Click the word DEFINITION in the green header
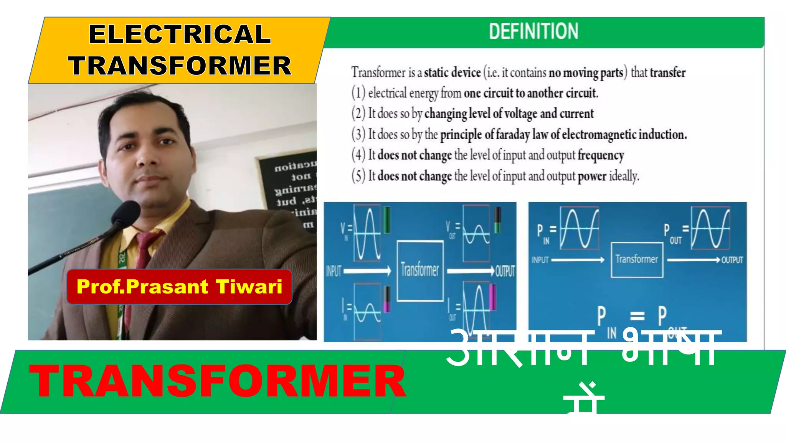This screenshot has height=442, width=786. [x=533, y=31]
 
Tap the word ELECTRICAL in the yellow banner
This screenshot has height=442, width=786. [x=180, y=34]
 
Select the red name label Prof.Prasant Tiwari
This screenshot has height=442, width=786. [x=179, y=287]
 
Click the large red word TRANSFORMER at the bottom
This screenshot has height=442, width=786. [x=217, y=381]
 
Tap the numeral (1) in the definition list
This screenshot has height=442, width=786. [x=358, y=93]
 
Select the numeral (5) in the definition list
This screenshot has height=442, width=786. [x=358, y=176]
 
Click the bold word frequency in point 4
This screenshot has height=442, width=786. [x=601, y=155]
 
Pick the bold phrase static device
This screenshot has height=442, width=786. [x=452, y=73]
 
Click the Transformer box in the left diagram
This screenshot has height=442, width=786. [x=420, y=270]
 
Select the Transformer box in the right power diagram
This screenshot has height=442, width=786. [x=637, y=259]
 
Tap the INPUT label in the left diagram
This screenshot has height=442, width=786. [x=334, y=271]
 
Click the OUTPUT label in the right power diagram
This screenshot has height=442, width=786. [x=732, y=260]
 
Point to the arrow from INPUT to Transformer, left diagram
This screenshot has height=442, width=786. [x=367, y=271]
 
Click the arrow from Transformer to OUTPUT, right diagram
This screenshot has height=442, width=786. [x=693, y=260]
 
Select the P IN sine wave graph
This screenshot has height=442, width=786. [x=579, y=228]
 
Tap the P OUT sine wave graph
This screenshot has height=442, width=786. [x=710, y=228]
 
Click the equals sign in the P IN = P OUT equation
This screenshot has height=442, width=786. [x=637, y=316]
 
